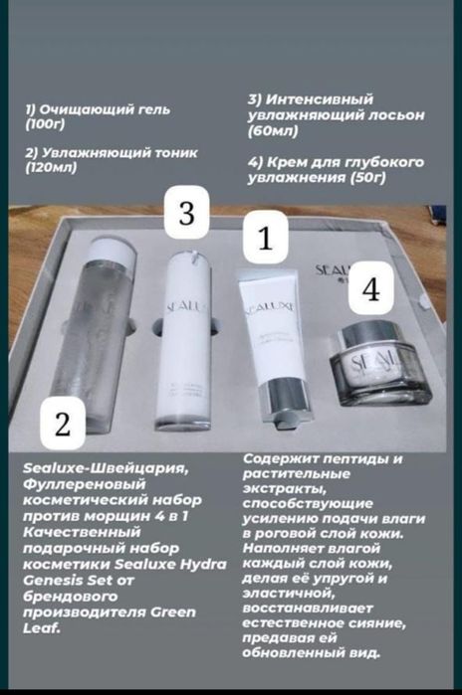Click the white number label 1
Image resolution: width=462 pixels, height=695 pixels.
[264, 241]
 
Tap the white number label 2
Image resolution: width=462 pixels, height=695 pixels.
[63, 424]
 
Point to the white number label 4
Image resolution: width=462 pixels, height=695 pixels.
[371, 289]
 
